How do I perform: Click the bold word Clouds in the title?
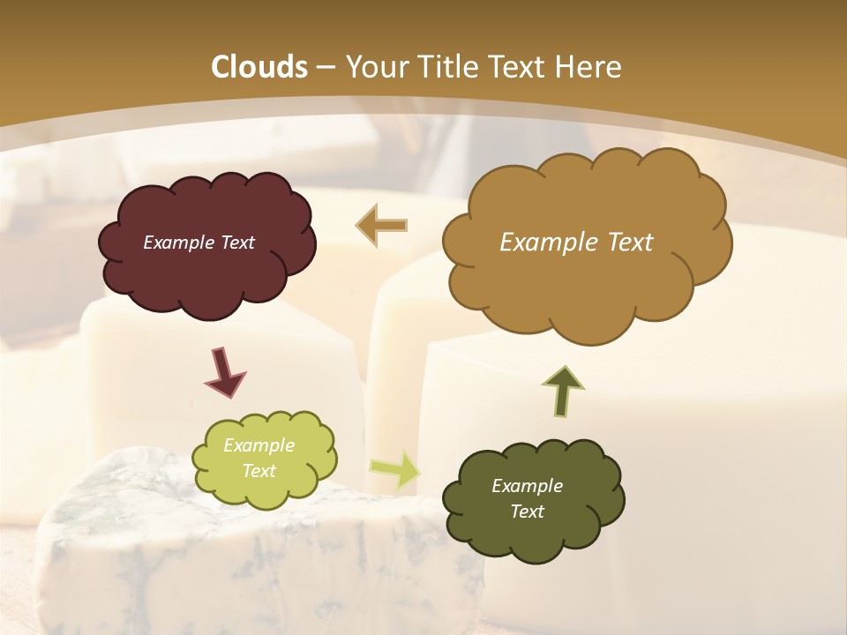[x=259, y=67]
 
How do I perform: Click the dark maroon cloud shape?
[x=206, y=273]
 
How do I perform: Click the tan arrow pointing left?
[x=381, y=226]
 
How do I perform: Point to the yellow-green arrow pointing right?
[x=394, y=468]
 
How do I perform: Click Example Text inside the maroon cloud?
[x=199, y=243]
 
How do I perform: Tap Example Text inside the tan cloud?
[x=576, y=243]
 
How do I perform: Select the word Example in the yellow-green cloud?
[x=259, y=445]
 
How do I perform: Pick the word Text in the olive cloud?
[x=527, y=512]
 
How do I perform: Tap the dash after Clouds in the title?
[x=324, y=67]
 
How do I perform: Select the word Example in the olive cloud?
[x=527, y=486]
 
